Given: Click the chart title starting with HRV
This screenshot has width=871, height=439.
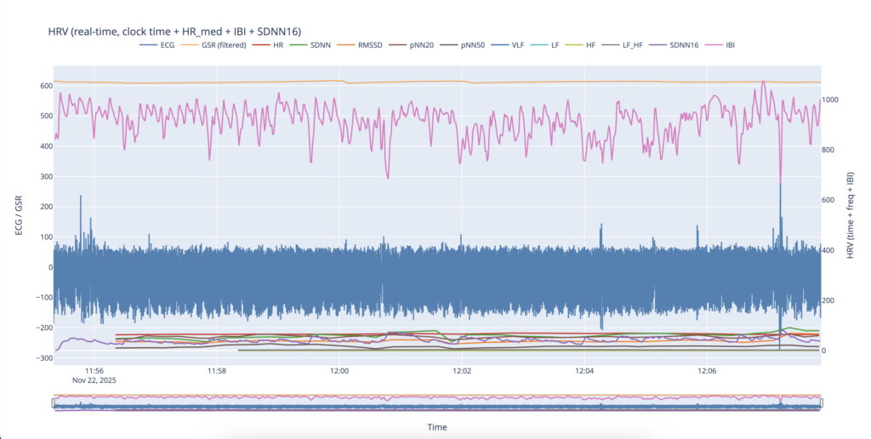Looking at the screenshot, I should [x=174, y=32].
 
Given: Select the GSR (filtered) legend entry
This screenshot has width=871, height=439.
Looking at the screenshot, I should [x=220, y=45].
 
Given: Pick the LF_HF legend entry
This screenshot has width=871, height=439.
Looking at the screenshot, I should [x=633, y=45].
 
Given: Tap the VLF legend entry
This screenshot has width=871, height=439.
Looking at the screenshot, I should [x=517, y=45].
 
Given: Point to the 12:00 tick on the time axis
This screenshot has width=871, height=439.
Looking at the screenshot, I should [x=339, y=371].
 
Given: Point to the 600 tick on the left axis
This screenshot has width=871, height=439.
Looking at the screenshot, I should [x=41, y=86].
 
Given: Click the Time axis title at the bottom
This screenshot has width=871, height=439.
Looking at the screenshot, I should [x=436, y=427].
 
